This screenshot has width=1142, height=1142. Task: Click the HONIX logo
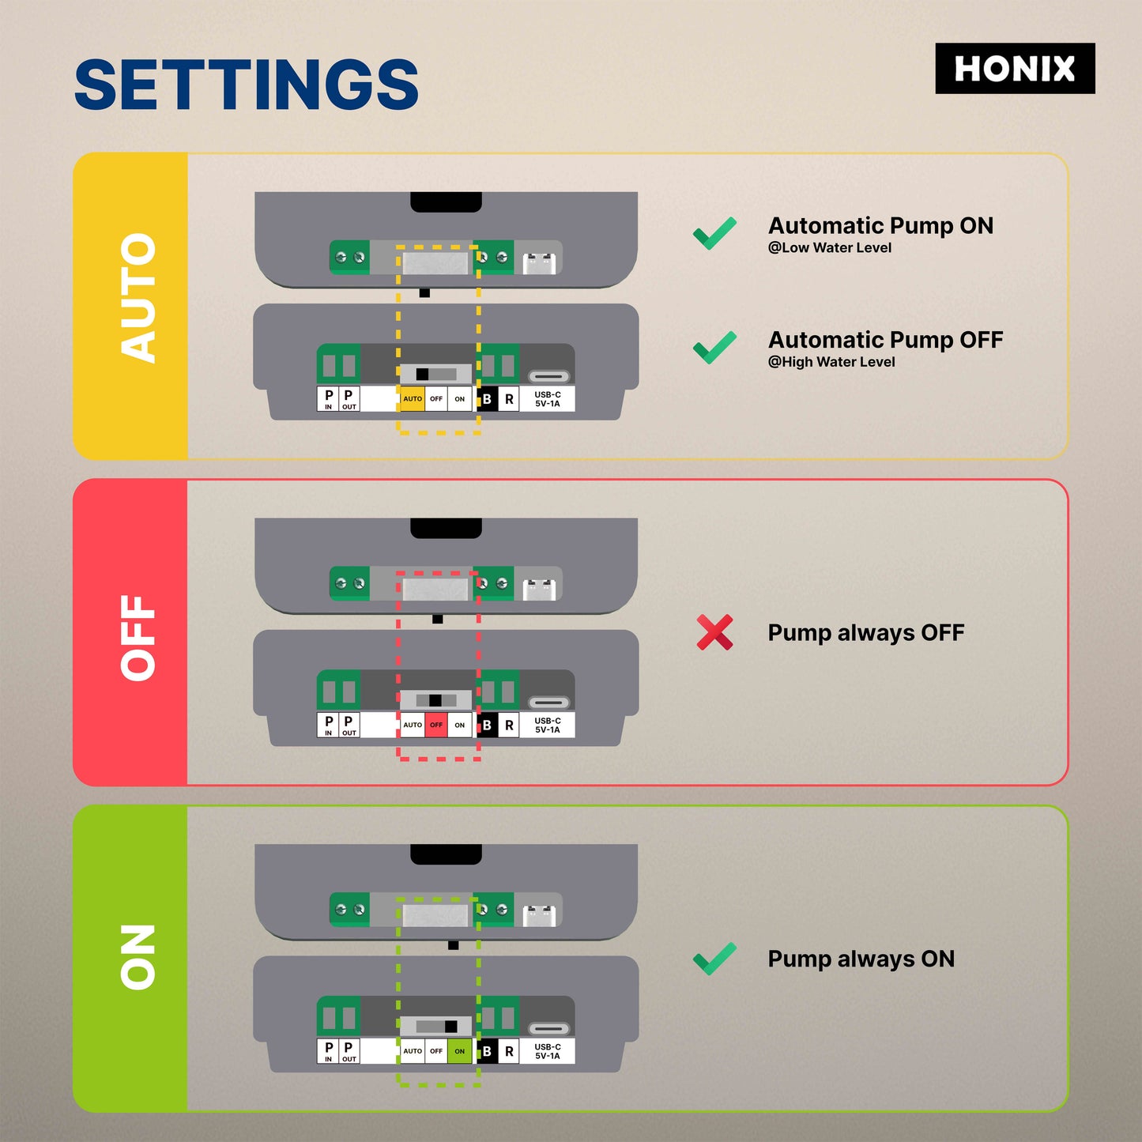[1015, 69]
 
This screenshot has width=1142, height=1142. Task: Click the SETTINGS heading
[246, 85]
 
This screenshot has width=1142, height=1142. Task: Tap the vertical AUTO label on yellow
[138, 298]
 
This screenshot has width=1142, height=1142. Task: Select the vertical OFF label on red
[138, 637]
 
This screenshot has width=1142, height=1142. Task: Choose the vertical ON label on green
[138, 957]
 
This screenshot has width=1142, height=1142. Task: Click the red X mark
[714, 632]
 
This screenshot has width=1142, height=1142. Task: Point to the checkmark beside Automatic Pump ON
[714, 233]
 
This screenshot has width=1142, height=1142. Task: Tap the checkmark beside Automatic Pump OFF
[714, 347]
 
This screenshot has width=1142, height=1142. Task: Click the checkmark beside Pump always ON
[714, 959]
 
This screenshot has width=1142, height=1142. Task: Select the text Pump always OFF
[865, 633]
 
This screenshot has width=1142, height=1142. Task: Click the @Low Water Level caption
[829, 248]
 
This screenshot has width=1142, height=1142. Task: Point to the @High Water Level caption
[831, 362]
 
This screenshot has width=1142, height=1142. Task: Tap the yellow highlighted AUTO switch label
[413, 399]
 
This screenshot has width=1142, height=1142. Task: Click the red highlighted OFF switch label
[436, 725]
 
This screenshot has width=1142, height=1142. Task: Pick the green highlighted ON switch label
[459, 1051]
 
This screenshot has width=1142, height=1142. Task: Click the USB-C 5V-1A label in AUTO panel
[547, 399]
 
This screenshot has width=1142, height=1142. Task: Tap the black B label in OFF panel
[487, 725]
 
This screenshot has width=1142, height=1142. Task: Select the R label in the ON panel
[509, 1051]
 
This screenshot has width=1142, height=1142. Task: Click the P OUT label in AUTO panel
[349, 399]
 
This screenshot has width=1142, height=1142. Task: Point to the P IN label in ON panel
[329, 1051]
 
